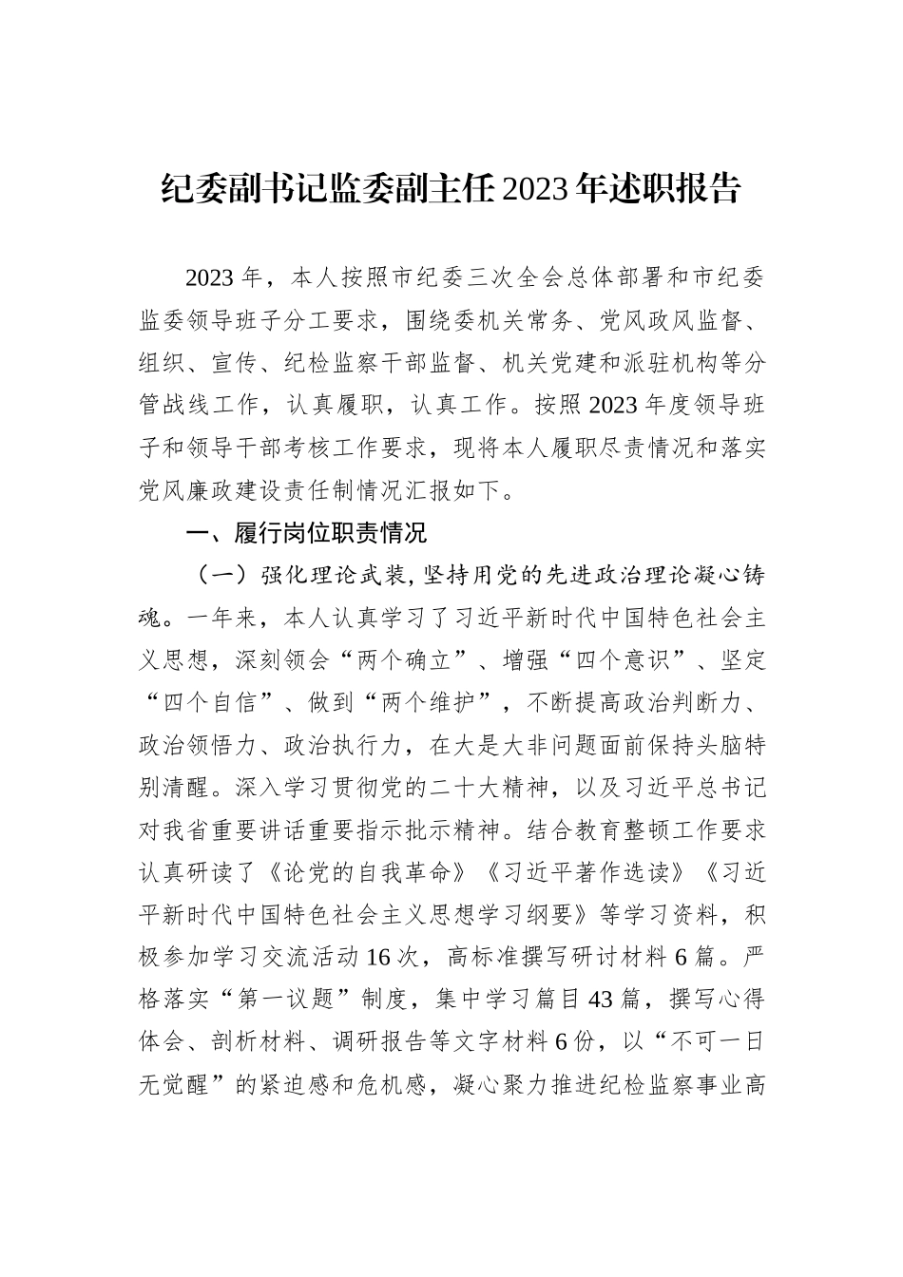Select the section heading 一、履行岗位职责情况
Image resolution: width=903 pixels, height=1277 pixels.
(x=306, y=533)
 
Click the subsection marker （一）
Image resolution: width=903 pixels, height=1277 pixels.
(x=221, y=575)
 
